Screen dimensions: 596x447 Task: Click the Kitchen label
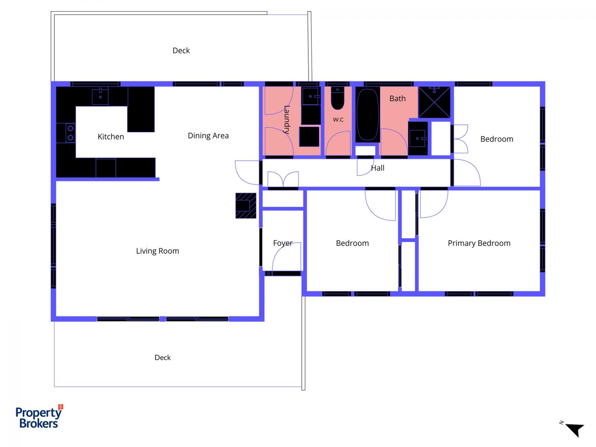[111, 136]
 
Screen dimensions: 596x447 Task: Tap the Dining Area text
[208, 136]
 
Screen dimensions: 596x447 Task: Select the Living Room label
[158, 251]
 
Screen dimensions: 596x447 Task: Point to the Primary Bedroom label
[479, 243]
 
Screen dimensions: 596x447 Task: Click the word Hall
[377, 168]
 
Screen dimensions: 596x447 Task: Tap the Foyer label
[283, 243]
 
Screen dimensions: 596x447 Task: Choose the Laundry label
[287, 120]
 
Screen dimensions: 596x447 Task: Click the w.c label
[338, 120]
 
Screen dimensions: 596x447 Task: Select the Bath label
[397, 98]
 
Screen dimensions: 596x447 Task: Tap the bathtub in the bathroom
[368, 114]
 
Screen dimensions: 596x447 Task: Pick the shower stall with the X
[434, 102]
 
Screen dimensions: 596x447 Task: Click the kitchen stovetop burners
[70, 133]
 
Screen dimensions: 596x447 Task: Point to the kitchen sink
[100, 96]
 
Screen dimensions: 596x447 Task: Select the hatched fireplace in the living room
[245, 206]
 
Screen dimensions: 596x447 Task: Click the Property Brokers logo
[39, 416]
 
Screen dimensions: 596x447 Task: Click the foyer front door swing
[286, 257]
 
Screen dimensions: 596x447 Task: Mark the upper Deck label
[181, 51]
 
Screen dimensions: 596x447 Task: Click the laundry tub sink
[311, 96]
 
